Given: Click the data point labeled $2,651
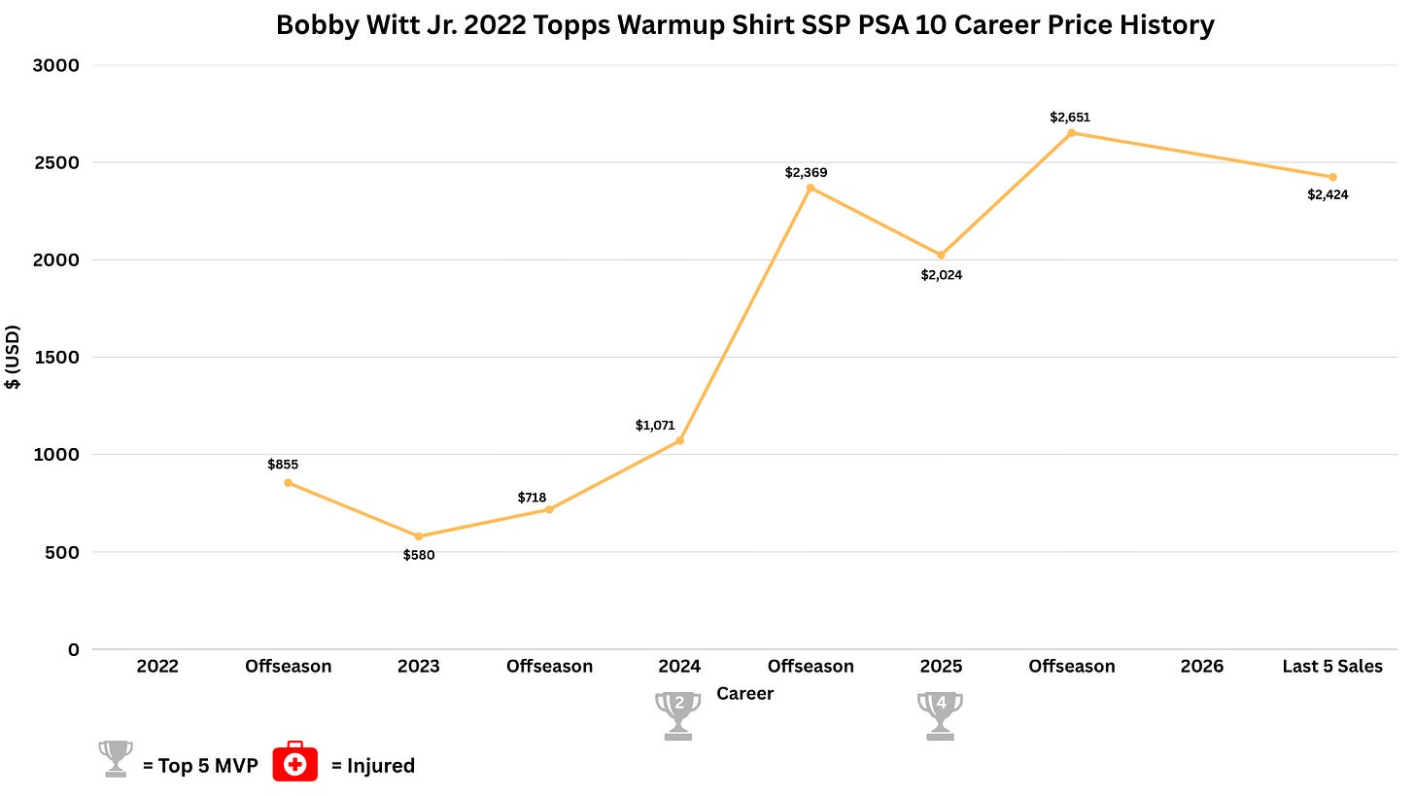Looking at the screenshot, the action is tap(1071, 133).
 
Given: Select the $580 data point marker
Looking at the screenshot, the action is tap(418, 536).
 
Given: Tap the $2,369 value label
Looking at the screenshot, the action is tap(806, 172).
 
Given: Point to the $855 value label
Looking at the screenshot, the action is tap(283, 465).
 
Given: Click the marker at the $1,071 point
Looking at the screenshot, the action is tap(679, 440).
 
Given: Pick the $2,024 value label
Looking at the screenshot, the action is tap(941, 275).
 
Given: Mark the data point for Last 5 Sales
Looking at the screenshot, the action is tap(1333, 178).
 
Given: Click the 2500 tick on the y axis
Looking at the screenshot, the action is tap(55, 163).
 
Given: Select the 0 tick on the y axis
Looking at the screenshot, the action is tap(74, 649).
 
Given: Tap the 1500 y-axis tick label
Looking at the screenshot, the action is tap(55, 358).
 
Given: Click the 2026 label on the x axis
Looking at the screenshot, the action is tap(1202, 666).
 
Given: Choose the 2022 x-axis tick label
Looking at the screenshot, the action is tap(157, 666).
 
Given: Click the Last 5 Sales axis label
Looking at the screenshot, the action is tap(1332, 666).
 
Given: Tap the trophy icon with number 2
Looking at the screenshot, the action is tap(677, 715).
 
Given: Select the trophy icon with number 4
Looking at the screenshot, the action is tap(940, 715).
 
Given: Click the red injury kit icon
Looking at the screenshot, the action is tap(295, 761).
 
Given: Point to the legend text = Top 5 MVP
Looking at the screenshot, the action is tap(200, 766).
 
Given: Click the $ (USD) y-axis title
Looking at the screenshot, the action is tap(13, 357).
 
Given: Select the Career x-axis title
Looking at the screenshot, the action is tap(744, 694).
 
